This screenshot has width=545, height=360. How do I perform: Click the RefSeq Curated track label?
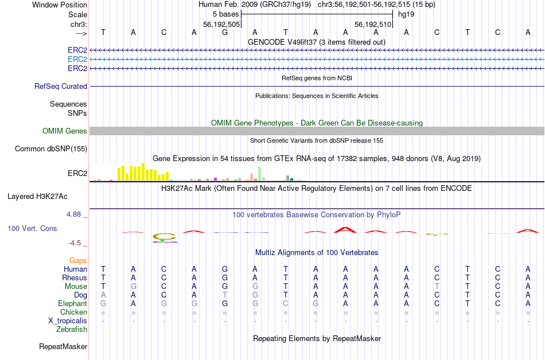pyautogui.click(x=61, y=86)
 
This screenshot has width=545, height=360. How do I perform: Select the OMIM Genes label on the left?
pyautogui.click(x=64, y=131)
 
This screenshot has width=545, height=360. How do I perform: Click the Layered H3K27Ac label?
pyautogui.click(x=37, y=196)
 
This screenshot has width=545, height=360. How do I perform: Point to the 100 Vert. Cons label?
pyautogui.click(x=32, y=228)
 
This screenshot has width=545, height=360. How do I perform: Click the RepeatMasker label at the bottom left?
pyautogui.click(x=63, y=346)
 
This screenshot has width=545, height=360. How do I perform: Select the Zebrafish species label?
pyautogui.click(x=72, y=329)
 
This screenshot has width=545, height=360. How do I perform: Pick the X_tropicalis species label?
pyautogui.click(x=68, y=320)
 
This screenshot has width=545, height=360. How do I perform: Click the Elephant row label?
pyautogui.click(x=72, y=303)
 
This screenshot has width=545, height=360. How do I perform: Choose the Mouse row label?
pyautogui.click(x=76, y=286)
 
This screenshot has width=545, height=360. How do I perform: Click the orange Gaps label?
pyautogui.click(x=78, y=260)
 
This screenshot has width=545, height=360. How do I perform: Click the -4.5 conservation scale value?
pyautogui.click(x=75, y=242)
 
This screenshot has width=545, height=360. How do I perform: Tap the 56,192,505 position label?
pyautogui.click(x=221, y=24)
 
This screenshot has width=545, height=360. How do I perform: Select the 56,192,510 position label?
pyautogui.click(x=373, y=24)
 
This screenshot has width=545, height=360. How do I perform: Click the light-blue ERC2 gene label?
pyautogui.click(x=77, y=59)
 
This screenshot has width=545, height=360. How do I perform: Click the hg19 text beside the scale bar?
pyautogui.click(x=406, y=14)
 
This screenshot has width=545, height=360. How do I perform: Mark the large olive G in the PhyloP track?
pyautogui.click(x=163, y=236)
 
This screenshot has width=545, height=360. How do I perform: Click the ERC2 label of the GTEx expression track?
pyautogui.click(x=77, y=173)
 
